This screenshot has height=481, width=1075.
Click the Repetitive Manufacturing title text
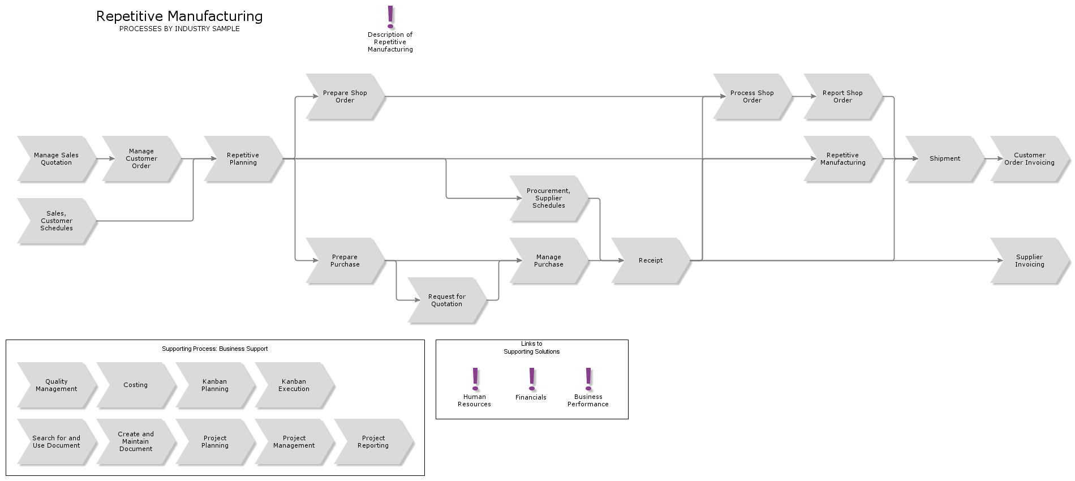[179, 16]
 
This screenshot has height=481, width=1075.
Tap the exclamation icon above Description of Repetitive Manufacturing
[390, 17]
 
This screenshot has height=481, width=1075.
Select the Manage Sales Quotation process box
[57, 158]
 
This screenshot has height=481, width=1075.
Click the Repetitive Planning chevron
[243, 158]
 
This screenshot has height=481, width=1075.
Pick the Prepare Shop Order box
[345, 96]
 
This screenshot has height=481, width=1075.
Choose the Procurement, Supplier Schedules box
[549, 198]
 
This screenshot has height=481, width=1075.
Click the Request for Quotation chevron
[447, 300]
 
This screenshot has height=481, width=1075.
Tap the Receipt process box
[651, 260]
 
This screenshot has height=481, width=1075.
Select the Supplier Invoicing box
[1029, 260]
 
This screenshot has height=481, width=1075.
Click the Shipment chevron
[944, 158]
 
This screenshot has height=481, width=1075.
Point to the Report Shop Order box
[842, 96]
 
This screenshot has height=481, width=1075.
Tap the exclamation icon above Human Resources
[475, 379]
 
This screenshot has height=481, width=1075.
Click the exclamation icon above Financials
[532, 379]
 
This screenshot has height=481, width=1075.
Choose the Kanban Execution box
[294, 385]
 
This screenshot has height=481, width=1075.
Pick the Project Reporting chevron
[373, 441]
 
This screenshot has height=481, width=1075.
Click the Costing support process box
[136, 385]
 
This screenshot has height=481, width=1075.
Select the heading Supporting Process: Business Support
[215, 349]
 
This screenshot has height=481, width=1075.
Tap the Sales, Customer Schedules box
[57, 221]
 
